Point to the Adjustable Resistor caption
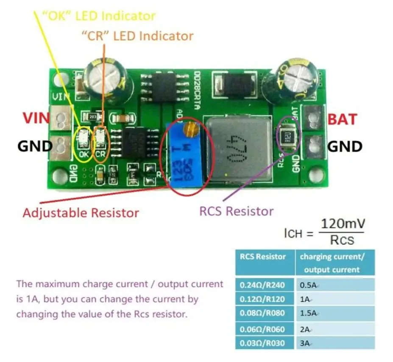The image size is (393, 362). pos(80,212)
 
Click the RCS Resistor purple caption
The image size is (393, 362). pos(237,211)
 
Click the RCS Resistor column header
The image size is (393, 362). pos(263,257)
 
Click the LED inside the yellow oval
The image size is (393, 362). pos(83,137)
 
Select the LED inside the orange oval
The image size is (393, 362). pos(100,137)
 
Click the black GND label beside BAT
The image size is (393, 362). pos(345,147)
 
